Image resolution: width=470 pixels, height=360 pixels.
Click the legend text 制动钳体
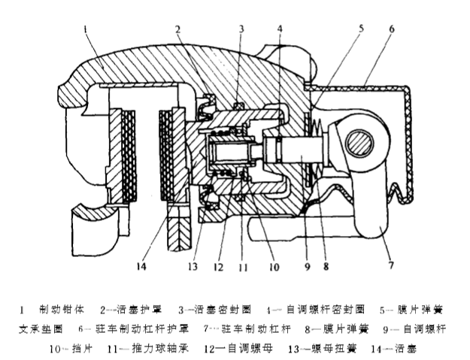click(x=59, y=309)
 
